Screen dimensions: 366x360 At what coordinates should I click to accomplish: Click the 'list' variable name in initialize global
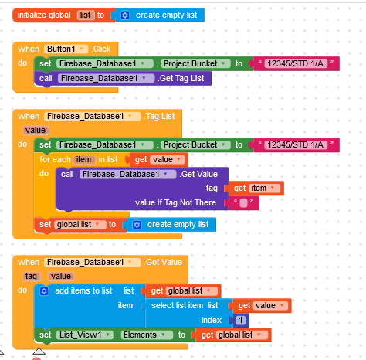coord(85,15)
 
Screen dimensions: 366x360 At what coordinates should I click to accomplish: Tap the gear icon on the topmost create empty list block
coord(125,15)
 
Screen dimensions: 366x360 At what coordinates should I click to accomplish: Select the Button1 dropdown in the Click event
coord(66,49)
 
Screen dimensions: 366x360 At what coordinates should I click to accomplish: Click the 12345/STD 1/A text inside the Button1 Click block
coord(295,63)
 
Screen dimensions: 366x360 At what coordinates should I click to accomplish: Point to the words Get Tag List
coord(181,78)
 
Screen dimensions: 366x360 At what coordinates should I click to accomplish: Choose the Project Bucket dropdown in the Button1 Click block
coord(195,63)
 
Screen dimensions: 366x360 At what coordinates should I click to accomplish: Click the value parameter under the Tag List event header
coord(36,131)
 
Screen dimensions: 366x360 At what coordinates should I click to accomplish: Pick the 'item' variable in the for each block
coord(83,160)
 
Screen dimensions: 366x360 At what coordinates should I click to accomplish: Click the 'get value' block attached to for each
coord(159,160)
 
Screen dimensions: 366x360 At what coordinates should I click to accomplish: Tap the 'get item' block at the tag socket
coord(255,188)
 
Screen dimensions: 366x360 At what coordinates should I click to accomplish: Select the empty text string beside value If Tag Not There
coord(243,203)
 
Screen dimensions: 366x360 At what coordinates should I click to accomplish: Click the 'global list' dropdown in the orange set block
coord(80,225)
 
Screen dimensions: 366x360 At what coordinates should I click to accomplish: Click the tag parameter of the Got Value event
coord(31,277)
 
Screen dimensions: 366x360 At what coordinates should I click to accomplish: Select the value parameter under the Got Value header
coord(61,277)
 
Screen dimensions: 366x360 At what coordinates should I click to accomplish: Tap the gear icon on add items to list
coord(44,291)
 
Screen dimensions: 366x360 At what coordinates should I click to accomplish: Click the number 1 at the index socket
coord(241,320)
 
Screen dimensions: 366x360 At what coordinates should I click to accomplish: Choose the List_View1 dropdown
coord(85,335)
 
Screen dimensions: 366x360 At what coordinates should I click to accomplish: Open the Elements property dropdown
coord(147,335)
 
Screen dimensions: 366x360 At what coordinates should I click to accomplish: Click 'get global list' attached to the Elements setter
coord(233,335)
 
